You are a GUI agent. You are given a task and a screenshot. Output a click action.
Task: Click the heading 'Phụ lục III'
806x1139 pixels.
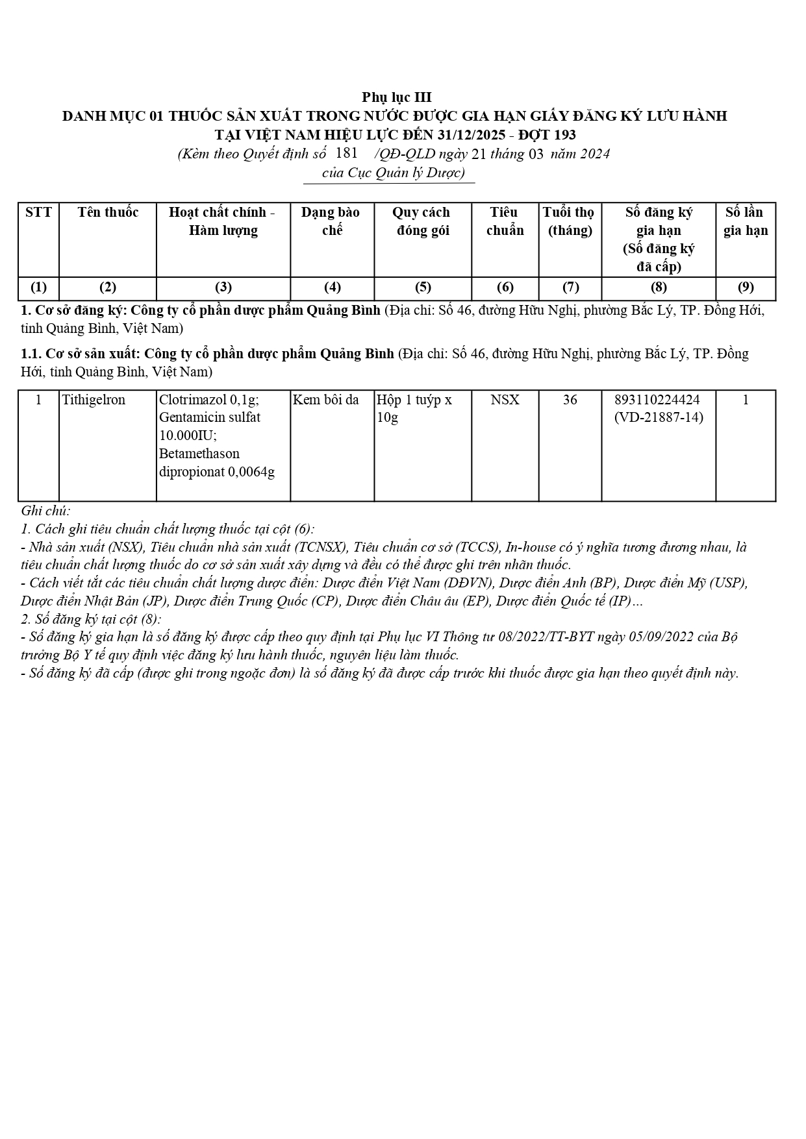(396, 98)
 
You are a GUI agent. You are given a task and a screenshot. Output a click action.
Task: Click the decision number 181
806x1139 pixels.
(347, 153)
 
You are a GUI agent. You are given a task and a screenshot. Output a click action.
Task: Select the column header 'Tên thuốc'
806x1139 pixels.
(108, 212)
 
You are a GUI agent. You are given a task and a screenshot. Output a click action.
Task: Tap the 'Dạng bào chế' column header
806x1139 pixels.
(331, 221)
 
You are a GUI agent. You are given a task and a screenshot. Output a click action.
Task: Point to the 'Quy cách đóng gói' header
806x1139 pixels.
(422, 221)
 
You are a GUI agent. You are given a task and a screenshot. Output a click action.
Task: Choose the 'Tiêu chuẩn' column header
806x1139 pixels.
(505, 221)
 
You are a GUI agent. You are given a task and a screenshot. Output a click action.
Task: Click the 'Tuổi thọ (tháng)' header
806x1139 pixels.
(569, 221)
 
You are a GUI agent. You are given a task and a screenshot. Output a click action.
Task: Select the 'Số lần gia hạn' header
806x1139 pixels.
(745, 221)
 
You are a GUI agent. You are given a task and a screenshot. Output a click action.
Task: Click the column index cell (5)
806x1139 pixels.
(422, 288)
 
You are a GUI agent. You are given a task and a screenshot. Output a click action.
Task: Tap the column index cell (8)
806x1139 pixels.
(658, 288)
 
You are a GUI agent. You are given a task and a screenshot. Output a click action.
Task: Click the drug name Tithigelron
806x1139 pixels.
(94, 400)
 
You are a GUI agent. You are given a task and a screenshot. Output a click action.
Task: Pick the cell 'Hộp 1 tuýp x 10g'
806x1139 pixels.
(414, 408)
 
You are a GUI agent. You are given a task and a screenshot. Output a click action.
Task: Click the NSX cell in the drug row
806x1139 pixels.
(505, 400)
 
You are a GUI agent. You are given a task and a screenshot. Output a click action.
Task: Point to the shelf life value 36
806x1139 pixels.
(570, 400)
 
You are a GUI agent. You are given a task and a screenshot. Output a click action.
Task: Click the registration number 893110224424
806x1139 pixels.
(658, 400)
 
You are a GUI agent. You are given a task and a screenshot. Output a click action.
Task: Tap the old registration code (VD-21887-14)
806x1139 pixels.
(658, 417)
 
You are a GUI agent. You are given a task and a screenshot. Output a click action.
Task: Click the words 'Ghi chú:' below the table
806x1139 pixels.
(45, 511)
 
